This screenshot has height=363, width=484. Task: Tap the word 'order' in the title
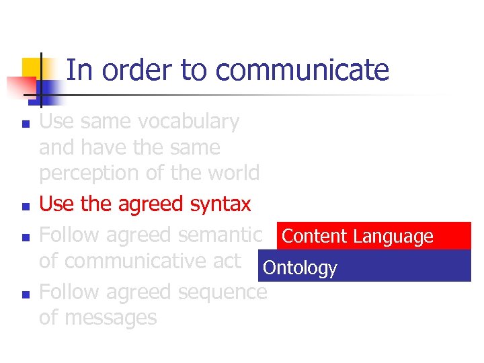[139, 70]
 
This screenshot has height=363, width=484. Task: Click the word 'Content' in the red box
[315, 237]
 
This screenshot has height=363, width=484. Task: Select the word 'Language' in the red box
[393, 237]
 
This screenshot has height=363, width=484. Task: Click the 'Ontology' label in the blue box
[300, 268]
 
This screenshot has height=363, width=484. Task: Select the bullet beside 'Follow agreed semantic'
[24, 237]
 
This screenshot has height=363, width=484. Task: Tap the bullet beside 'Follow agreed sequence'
[24, 294]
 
